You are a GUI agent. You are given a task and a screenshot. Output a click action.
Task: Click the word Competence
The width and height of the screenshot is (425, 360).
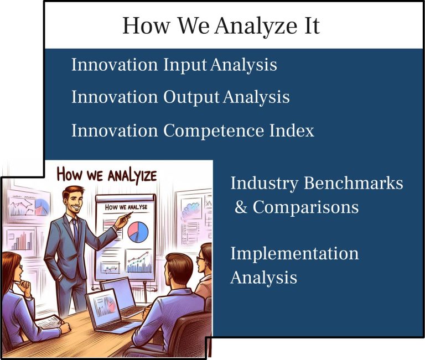tap(214, 131)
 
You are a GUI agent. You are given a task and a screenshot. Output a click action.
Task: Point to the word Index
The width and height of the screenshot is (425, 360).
tap(292, 131)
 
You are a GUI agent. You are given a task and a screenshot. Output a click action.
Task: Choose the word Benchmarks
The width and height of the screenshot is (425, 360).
tap(353, 183)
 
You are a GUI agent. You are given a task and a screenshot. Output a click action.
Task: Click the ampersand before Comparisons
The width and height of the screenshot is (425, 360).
tap(241, 207)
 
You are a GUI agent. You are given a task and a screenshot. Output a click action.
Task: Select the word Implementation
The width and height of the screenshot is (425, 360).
tap(294, 254)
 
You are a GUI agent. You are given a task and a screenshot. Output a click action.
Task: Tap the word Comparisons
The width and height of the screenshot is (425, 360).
tap(305, 207)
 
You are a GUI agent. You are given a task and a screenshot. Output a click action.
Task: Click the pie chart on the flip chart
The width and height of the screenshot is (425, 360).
tap(138, 232)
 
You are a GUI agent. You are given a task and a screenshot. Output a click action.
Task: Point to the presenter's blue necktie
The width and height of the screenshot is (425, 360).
tap(75, 232)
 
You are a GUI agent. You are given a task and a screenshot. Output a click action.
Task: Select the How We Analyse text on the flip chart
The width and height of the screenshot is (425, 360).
tap(126, 207)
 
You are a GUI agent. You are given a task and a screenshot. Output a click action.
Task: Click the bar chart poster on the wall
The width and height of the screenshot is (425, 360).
tap(21, 241)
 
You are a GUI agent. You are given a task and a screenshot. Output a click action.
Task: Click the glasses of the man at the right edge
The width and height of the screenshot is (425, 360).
tap(200, 259)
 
